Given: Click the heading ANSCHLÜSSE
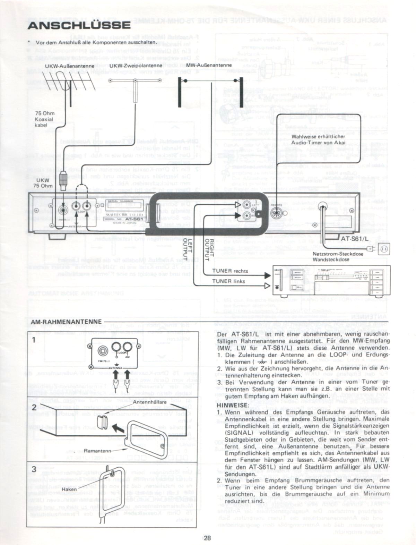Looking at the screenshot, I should pyautogui.click(x=79, y=25).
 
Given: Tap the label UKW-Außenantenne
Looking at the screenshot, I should pyautogui.click(x=70, y=66).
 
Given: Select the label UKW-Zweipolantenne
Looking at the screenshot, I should pyautogui.click(x=136, y=66).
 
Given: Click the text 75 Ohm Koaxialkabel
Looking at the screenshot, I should pyautogui.click(x=44, y=119).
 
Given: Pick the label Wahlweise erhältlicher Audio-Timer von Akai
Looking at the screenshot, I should pyautogui.click(x=318, y=139).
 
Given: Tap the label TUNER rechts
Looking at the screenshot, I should pyautogui.click(x=230, y=271).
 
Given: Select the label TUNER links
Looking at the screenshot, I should pyautogui.click(x=229, y=281).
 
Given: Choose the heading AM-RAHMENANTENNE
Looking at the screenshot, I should pyautogui.click(x=66, y=322).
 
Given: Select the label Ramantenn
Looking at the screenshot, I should pyautogui.click(x=97, y=451).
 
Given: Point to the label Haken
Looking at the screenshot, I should pyautogui.click(x=69, y=489).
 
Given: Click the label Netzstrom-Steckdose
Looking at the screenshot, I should pyautogui.click(x=338, y=254).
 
